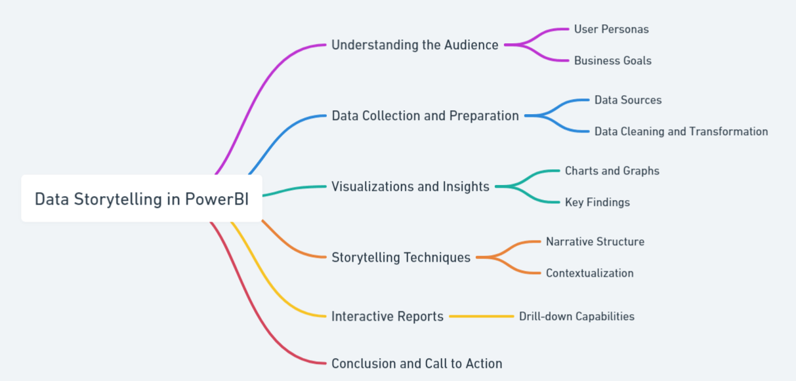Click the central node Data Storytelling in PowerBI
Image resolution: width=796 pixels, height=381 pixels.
142,199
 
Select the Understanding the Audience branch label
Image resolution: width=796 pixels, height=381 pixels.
415,45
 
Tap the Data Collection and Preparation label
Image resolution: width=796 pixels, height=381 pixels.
425,116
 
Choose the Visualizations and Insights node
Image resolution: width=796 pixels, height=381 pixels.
410,187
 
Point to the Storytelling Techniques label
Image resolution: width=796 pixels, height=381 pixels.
401,258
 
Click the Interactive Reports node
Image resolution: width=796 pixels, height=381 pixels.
387,317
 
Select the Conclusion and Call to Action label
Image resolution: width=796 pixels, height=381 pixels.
417,364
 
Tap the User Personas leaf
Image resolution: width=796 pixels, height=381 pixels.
611,30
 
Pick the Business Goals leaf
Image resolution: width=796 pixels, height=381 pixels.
612,61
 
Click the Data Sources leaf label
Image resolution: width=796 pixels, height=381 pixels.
627,100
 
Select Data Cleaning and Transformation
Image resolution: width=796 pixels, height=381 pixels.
681,132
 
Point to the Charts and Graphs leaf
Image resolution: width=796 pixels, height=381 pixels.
612,171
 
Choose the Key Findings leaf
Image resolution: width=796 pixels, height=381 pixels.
597,203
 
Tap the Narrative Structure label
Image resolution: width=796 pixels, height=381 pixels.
595,242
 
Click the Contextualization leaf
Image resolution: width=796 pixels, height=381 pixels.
589,273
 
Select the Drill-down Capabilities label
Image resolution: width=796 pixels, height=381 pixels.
576,317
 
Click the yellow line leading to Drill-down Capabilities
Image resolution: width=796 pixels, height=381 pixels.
481,317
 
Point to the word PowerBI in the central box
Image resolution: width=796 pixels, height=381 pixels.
217,199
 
